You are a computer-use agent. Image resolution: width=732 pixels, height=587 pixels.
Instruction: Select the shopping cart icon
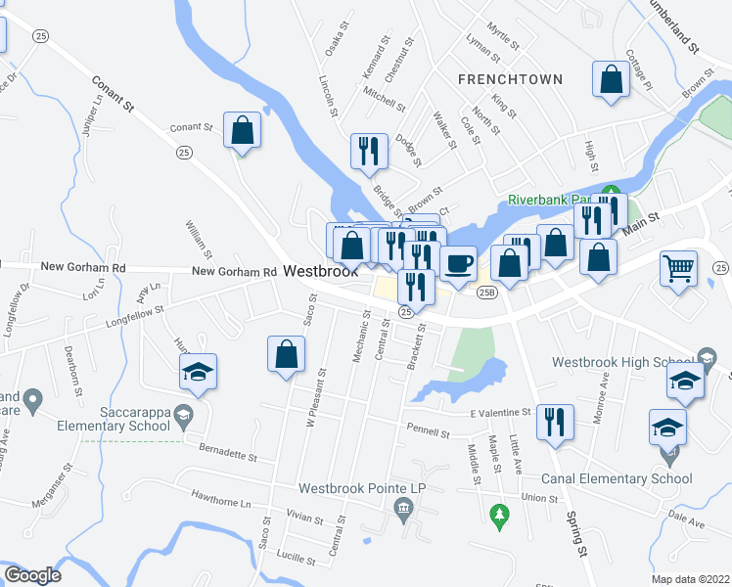[x=678, y=267]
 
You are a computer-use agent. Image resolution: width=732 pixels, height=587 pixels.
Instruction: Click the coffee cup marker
[x=458, y=262]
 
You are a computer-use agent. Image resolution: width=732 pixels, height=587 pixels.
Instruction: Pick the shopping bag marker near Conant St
[x=242, y=130]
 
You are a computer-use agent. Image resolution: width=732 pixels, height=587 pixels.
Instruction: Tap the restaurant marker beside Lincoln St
[x=369, y=151]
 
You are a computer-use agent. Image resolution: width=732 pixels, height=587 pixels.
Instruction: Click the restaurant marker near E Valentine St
[x=555, y=422]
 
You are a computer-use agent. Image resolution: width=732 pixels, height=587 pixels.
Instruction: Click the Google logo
[x=32, y=575]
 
